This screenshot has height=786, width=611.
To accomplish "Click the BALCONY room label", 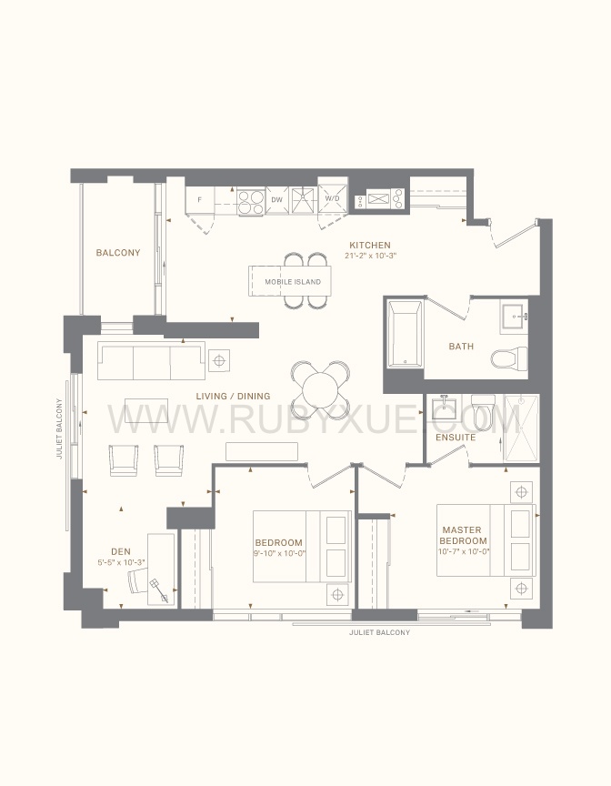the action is tap(118, 253).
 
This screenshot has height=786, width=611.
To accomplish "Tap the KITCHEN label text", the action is tap(370, 245).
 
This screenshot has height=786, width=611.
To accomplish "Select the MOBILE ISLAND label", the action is tap(293, 282).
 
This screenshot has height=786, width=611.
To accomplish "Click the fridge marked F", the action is tap(200, 200).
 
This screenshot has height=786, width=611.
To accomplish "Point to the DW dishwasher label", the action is tap(277, 199).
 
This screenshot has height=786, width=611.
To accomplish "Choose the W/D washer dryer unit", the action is tap(332, 199).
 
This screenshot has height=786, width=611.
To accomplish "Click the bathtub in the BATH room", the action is tap(406, 334).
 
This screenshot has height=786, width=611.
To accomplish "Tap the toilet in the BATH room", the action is tap(509, 358).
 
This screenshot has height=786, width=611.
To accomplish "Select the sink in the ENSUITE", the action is tap(445, 407).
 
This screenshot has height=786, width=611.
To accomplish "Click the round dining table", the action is tap(321, 389).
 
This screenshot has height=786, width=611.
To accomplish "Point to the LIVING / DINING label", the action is tap(233, 396).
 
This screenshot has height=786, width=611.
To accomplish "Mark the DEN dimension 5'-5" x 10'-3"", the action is tap(122, 562).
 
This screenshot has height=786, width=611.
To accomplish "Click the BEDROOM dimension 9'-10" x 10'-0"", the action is tap(280, 553).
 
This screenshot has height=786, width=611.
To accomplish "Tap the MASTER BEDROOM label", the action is tap(464, 535).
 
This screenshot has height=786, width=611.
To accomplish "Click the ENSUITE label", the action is tap(456, 437).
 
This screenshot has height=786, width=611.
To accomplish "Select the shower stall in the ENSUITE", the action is tap(521, 428).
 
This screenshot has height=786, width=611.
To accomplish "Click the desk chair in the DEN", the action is tap(137, 581).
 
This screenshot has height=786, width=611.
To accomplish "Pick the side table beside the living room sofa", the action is tap(219, 360).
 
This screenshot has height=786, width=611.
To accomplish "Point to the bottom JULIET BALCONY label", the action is tap(380, 632).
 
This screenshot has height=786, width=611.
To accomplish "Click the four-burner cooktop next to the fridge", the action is tap(250, 202).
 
